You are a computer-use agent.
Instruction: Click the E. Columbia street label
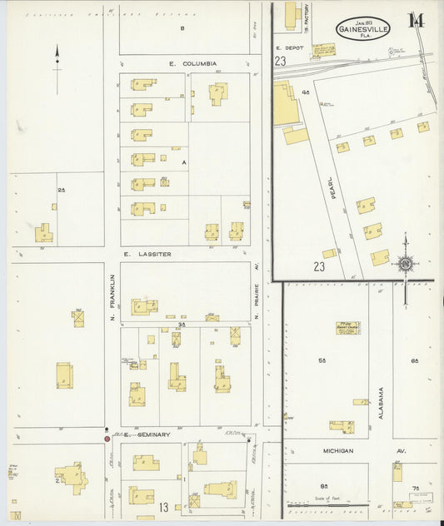pyautogui.click(x=192, y=63)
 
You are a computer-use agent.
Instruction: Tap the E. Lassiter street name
pyautogui.click(x=147, y=253)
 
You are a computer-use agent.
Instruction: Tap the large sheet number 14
pyautogui.click(x=414, y=22)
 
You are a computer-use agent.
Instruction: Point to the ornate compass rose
pyautogui.click(x=406, y=265)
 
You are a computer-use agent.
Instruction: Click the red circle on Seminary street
pyautogui.click(x=106, y=438)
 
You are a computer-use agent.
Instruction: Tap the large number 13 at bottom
pyautogui.click(x=164, y=507)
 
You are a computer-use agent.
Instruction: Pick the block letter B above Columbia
pyautogui.click(x=182, y=28)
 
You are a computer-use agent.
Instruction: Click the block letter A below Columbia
pyautogui.click(x=183, y=163)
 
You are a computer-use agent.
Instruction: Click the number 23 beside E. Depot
pyautogui.click(x=281, y=62)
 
